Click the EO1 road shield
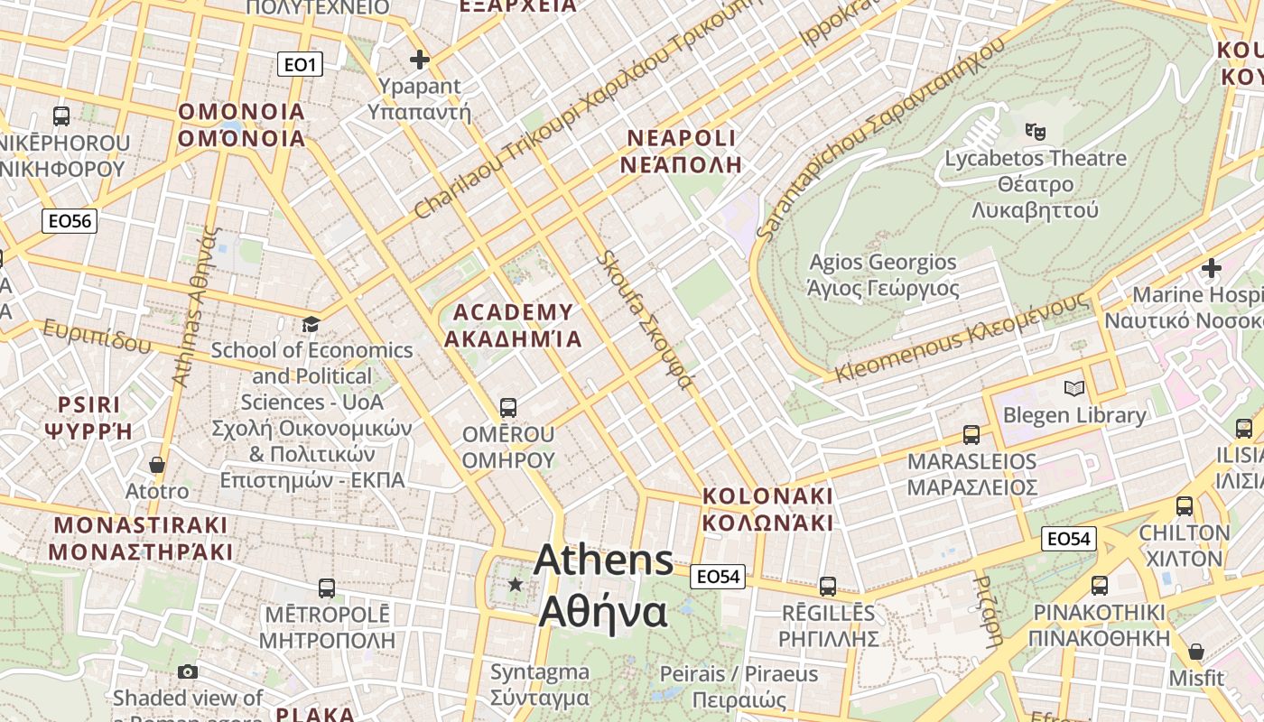click(x=299, y=64)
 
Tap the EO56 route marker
click(x=70, y=221)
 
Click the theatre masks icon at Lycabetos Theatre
click(x=1036, y=132)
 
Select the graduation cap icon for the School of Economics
click(x=311, y=324)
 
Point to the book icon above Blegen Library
click(x=1074, y=389)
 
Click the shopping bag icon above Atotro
click(x=157, y=465)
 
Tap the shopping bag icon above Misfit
click(x=1196, y=651)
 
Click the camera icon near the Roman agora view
click(x=188, y=671)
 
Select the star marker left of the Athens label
click(x=516, y=585)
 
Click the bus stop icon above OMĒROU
click(x=508, y=407)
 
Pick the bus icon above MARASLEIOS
click(x=971, y=434)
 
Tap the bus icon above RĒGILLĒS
click(x=828, y=586)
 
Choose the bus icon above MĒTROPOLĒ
click(x=327, y=588)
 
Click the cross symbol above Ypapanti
click(x=420, y=60)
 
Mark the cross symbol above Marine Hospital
click(x=1212, y=268)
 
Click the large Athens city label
click(x=603, y=587)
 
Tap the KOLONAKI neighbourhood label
click(x=767, y=510)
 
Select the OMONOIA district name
click(x=242, y=125)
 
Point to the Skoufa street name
click(x=645, y=319)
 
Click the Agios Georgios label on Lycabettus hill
click(x=883, y=275)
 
